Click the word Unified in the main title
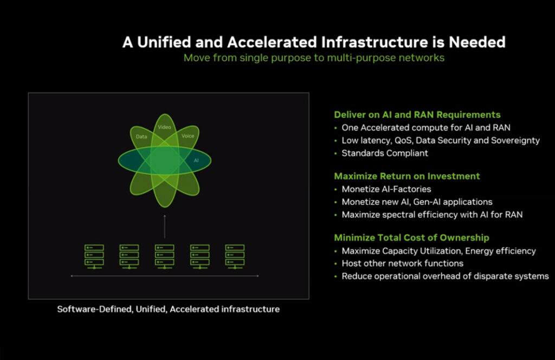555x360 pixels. (x=164, y=42)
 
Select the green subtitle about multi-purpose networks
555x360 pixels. (x=314, y=57)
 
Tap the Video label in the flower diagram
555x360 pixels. (x=164, y=127)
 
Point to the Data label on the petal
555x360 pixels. (x=141, y=137)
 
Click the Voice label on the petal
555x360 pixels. (x=188, y=136)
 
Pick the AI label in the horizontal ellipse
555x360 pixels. (x=196, y=160)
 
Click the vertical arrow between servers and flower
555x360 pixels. (x=165, y=226)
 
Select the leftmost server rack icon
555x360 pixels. (x=94, y=256)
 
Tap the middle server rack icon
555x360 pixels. (x=165, y=256)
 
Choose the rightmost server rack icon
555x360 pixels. (x=235, y=256)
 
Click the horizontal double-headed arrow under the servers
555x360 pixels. (x=165, y=276)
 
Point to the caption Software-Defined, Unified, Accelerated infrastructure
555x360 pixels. (x=169, y=310)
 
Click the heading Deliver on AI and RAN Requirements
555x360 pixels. (x=417, y=115)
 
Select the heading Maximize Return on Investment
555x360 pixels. (x=407, y=176)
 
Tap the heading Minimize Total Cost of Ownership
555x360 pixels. (x=412, y=238)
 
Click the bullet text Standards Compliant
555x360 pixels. (x=385, y=153)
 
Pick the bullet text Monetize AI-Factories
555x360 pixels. (x=386, y=189)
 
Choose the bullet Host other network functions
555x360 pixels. (x=403, y=263)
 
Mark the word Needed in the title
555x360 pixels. (x=477, y=42)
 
